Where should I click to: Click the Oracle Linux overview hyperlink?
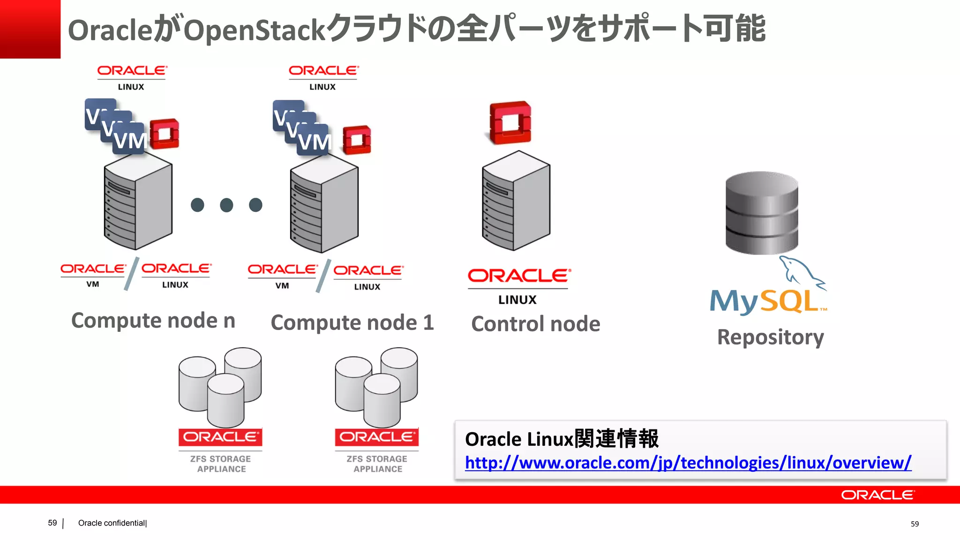pos(688,463)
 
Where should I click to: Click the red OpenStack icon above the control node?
pos(510,122)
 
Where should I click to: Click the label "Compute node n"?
pos(153,321)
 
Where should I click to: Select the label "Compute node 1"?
pos(352,322)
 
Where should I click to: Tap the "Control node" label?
pos(535,324)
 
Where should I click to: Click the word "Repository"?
pos(770,337)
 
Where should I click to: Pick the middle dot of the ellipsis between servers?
pos(226,205)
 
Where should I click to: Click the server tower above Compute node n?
pos(138,202)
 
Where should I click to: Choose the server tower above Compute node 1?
pos(324,204)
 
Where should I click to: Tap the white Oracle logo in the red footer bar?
pos(877,495)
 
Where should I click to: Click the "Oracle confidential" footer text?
pos(112,523)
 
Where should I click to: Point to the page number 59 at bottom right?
pos(915,524)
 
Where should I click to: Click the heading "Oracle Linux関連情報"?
pos(562,439)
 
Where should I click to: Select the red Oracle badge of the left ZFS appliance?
pos(220,437)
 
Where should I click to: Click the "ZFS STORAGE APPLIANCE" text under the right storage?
pos(377,464)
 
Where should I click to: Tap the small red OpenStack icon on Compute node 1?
pos(357,140)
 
